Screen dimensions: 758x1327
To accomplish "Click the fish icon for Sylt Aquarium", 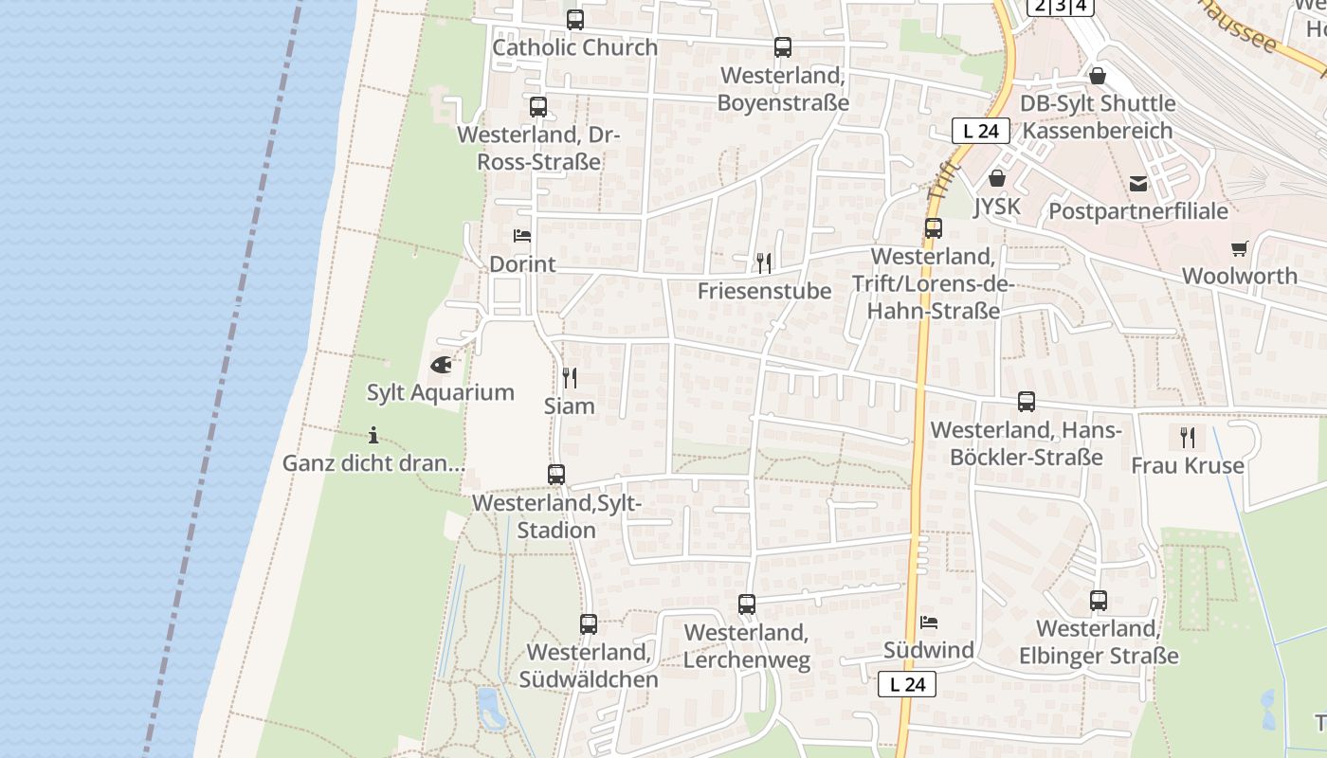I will (x=441, y=364).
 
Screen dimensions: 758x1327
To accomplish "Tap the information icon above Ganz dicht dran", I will (x=373, y=436).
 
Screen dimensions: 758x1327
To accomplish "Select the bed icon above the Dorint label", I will (x=522, y=236).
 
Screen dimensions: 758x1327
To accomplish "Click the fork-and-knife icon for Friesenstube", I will (x=764, y=262).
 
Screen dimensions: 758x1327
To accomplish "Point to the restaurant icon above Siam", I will (x=569, y=378).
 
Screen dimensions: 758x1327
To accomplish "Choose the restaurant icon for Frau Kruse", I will (x=1187, y=437).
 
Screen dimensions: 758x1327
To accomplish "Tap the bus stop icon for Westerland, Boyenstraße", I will (x=783, y=47).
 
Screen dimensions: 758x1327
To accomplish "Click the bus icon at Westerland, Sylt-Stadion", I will (x=556, y=475).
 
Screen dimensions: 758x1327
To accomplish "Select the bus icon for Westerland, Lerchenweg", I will (x=747, y=605).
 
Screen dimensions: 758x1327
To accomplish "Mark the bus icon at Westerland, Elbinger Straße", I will (x=1099, y=601).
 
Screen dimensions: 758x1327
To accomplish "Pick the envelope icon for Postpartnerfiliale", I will (x=1138, y=184).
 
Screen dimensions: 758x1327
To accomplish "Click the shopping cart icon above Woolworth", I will (x=1240, y=248).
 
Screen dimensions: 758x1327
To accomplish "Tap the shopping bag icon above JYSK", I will (x=997, y=178).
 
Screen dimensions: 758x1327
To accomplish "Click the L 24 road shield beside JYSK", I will (x=980, y=132).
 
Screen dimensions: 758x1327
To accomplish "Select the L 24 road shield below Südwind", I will (x=907, y=684).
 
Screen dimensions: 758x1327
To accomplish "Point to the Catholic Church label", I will (x=574, y=47).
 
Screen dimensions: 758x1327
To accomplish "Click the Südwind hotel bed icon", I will (x=929, y=623).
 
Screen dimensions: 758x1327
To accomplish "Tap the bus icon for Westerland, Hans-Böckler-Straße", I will (x=1027, y=402).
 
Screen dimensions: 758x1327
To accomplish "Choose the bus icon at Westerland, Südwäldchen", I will (x=589, y=624).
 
